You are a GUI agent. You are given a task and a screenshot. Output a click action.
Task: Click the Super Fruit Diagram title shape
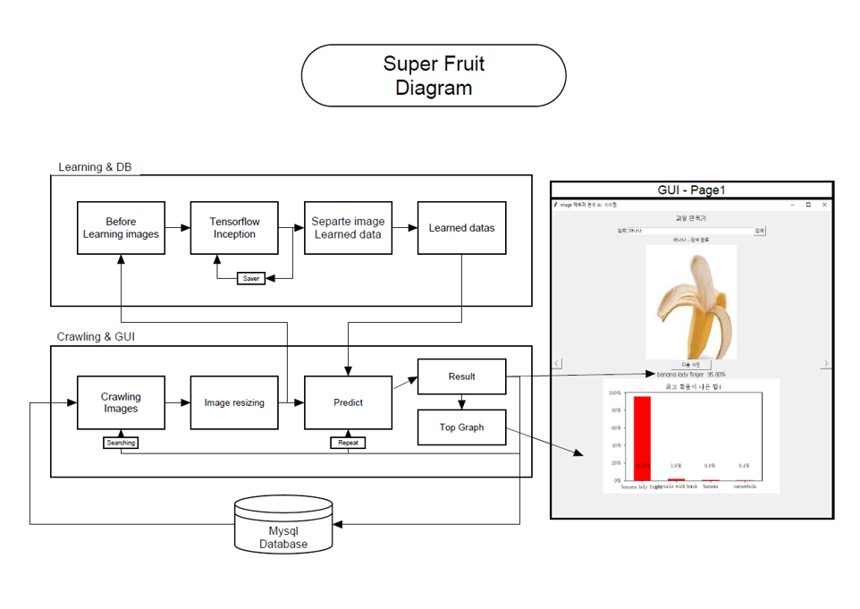pyautogui.click(x=434, y=76)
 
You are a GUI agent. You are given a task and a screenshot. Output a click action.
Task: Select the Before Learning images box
pyautogui.click(x=121, y=228)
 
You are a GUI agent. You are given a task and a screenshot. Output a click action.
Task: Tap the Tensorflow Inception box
pyautogui.click(x=234, y=228)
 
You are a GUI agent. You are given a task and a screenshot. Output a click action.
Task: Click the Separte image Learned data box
pyautogui.click(x=348, y=228)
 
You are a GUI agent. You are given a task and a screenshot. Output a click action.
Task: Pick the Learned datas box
pyautogui.click(x=461, y=228)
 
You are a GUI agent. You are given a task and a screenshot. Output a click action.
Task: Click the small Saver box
pyautogui.click(x=251, y=278)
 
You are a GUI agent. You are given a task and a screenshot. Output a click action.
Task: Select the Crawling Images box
pyautogui.click(x=121, y=402)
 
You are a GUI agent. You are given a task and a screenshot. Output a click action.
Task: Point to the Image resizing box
pyautogui.click(x=234, y=402)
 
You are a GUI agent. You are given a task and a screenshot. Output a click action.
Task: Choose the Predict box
pyautogui.click(x=348, y=402)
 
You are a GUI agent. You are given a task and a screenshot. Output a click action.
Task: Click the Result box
pyautogui.click(x=461, y=376)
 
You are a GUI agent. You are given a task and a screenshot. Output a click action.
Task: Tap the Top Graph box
pyautogui.click(x=461, y=427)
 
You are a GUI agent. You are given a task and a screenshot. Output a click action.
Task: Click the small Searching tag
pyautogui.click(x=121, y=443)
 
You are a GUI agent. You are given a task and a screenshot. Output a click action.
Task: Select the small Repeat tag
pyautogui.click(x=348, y=443)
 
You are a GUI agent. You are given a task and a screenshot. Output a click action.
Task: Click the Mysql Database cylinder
pyautogui.click(x=283, y=528)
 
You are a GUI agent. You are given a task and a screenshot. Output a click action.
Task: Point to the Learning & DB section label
pyautogui.click(x=95, y=167)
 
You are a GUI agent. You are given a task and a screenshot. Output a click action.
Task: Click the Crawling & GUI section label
pyautogui.click(x=96, y=337)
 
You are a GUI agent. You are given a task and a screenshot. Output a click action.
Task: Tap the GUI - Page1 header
pyautogui.click(x=691, y=190)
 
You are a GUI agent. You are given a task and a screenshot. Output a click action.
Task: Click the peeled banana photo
pyautogui.click(x=690, y=301)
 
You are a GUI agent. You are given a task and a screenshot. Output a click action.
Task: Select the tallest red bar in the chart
pyautogui.click(x=642, y=438)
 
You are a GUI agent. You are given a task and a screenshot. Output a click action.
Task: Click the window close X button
pyautogui.click(x=824, y=205)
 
